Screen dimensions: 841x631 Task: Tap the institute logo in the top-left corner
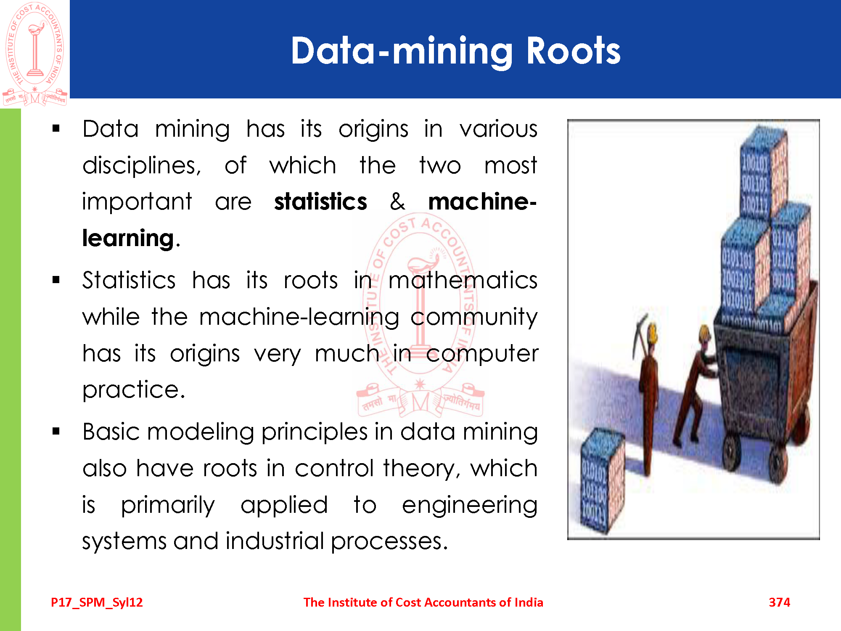[x=35, y=54]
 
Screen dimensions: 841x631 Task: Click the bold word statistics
[x=320, y=201]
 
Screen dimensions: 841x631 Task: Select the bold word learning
[x=128, y=239]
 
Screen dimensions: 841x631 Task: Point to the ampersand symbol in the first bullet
[x=397, y=201]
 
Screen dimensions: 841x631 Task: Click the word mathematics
[x=463, y=280]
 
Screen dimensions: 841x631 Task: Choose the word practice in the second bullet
[x=134, y=390]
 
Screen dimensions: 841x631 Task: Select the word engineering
[x=470, y=506]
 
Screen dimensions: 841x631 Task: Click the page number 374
[x=779, y=602]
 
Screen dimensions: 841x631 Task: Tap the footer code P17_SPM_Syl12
[x=97, y=603]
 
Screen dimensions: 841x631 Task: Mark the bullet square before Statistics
[x=56, y=280]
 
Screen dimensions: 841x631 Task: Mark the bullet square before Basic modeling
[x=56, y=431]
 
